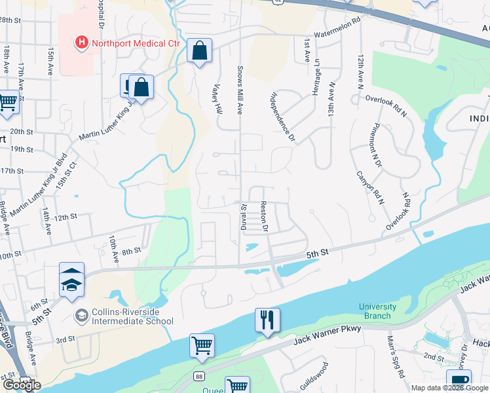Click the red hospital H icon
pos(81,44)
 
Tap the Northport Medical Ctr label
pos(126,44)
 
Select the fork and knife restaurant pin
pos(267,321)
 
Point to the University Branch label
pos(377,311)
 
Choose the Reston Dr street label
pos(265,217)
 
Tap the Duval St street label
pos(241,215)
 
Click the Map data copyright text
pos(450,388)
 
